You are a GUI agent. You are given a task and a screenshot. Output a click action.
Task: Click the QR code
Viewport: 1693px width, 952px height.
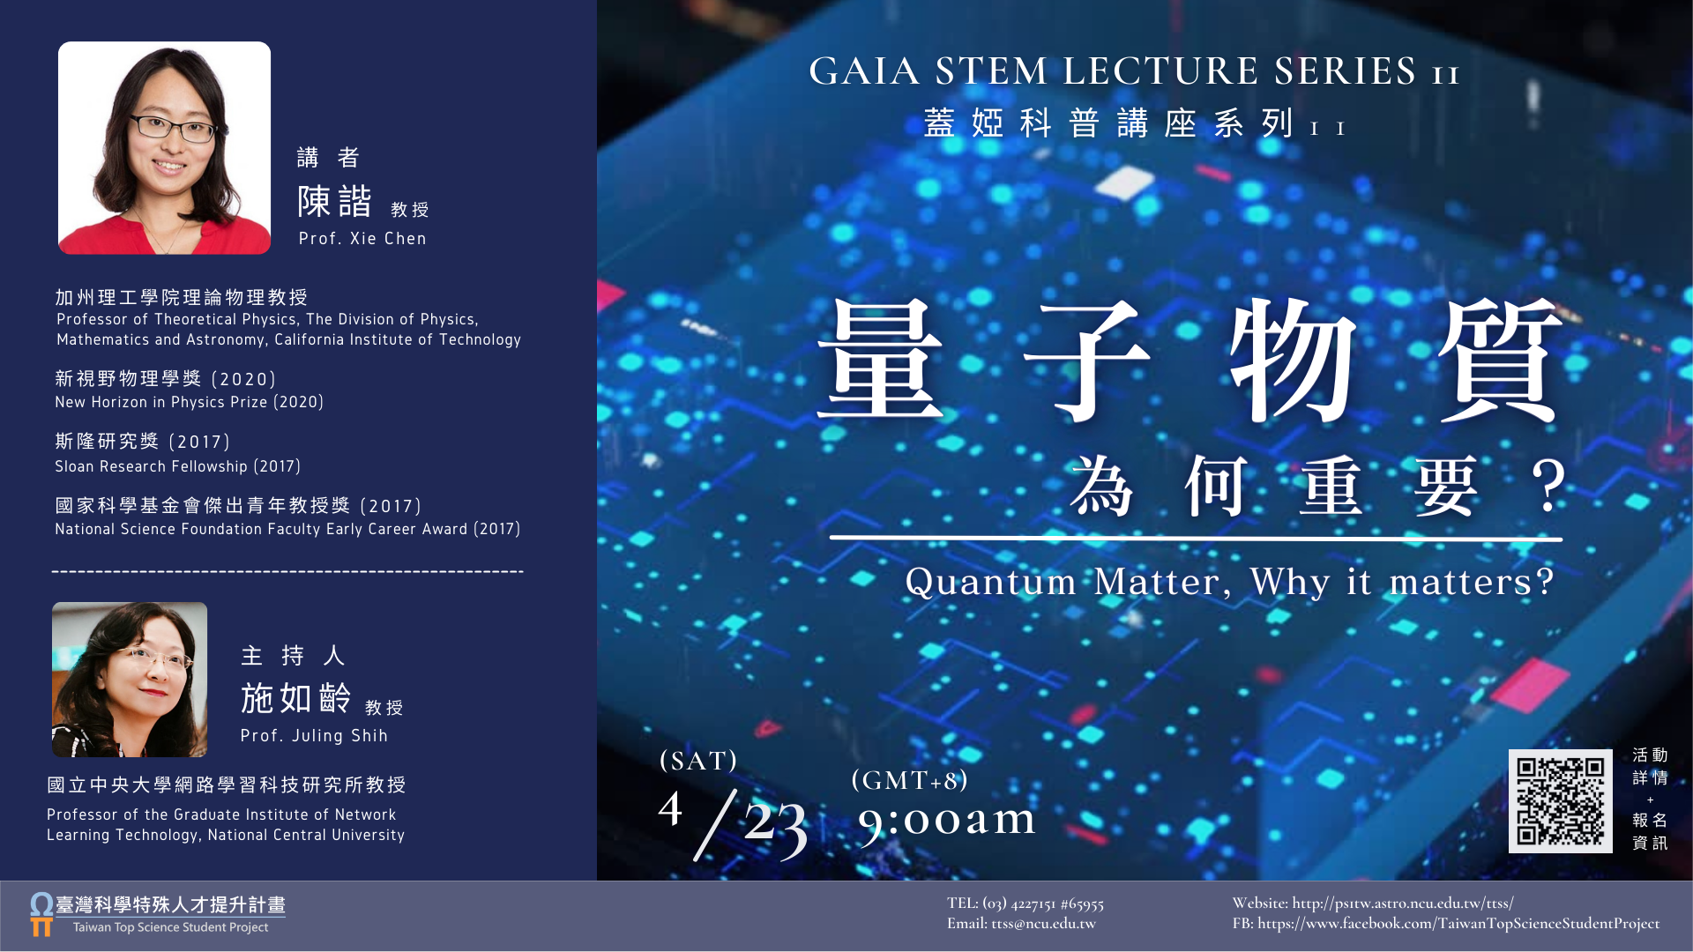click(1560, 801)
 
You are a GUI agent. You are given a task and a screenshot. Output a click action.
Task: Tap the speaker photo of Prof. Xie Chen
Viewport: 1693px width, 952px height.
click(164, 148)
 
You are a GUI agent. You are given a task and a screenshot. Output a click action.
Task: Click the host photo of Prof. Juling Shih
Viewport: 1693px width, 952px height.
click(130, 680)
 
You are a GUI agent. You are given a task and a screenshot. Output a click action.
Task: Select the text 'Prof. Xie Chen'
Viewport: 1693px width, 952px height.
click(362, 238)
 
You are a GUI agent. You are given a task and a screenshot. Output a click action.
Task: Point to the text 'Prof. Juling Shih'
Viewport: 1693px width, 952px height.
click(314, 735)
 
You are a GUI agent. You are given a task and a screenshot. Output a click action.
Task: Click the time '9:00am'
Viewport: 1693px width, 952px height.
click(947, 821)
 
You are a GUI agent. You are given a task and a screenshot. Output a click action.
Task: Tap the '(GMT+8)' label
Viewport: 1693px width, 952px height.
click(910, 780)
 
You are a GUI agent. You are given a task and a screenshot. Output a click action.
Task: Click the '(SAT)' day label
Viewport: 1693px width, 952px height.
click(698, 761)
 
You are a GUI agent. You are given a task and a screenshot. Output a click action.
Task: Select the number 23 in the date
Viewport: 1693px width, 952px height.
click(775, 826)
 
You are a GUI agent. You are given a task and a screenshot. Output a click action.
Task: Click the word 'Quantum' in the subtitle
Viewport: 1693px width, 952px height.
click(990, 583)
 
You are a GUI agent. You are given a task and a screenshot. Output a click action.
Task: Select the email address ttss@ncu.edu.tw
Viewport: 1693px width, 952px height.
click(1043, 924)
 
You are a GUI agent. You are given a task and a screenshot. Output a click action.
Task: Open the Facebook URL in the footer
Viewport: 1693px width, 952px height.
click(1458, 924)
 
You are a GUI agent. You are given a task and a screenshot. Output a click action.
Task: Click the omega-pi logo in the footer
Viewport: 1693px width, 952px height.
click(41, 914)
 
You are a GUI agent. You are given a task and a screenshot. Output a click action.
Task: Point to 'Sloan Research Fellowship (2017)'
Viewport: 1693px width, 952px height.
click(178, 466)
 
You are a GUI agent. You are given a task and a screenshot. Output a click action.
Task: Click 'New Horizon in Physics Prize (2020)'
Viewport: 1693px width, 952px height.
click(190, 402)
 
